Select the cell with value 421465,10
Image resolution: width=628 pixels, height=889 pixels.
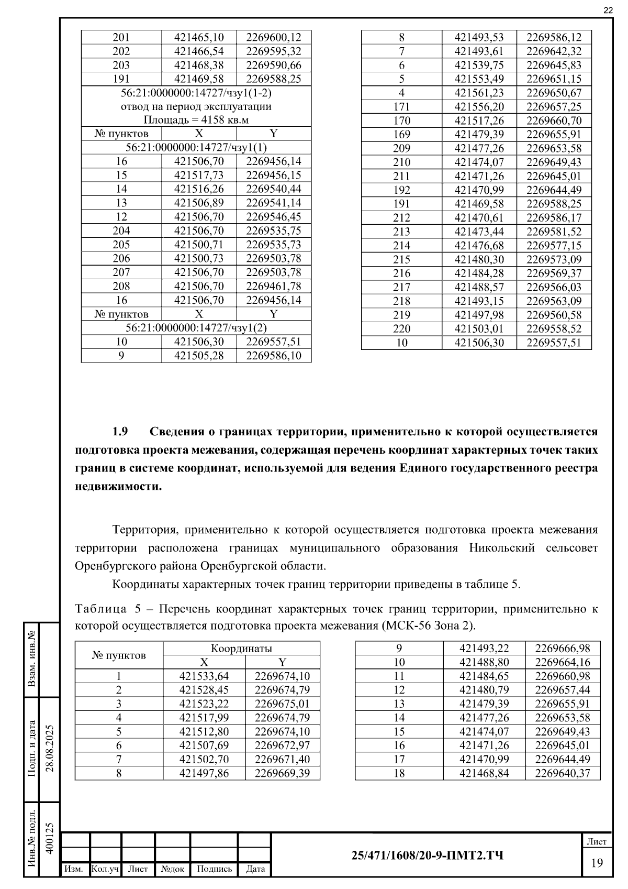(199, 37)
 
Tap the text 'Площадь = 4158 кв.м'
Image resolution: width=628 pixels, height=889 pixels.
(196, 120)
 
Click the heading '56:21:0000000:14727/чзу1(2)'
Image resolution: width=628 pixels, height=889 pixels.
(196, 328)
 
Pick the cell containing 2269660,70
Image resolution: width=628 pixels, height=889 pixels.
(554, 120)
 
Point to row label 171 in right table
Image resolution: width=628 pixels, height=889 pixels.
(401, 107)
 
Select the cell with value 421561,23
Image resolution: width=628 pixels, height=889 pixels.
(479, 93)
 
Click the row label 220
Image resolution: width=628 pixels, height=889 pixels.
(401, 329)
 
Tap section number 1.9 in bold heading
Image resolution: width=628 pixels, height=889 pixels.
(120, 432)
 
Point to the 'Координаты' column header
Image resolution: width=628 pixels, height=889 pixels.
(241, 648)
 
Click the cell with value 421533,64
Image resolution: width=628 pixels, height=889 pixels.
(204, 676)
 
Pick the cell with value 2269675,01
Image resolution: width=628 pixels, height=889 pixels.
(282, 704)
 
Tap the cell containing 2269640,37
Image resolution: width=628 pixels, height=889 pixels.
(562, 773)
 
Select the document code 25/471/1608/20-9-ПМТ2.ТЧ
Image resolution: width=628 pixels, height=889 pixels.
(428, 855)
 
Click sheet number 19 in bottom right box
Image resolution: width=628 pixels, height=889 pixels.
(597, 863)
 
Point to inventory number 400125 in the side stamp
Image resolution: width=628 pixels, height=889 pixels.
(50, 839)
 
